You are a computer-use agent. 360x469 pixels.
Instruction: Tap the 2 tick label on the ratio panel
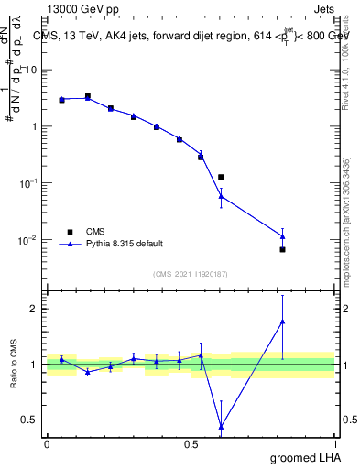tap(34, 309)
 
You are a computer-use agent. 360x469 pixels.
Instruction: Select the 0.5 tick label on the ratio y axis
tap(29, 420)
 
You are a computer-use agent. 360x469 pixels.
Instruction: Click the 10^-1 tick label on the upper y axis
tap(27, 183)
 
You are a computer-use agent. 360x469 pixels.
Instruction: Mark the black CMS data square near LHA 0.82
tap(282, 249)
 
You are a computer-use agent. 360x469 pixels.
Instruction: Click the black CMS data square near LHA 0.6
tap(221, 177)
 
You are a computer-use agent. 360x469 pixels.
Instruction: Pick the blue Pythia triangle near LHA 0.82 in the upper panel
tap(282, 236)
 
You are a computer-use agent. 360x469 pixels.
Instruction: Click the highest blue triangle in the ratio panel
tap(282, 322)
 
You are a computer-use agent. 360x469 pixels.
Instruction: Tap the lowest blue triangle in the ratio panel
tap(221, 426)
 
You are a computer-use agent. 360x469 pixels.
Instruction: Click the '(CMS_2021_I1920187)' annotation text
tap(190, 274)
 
